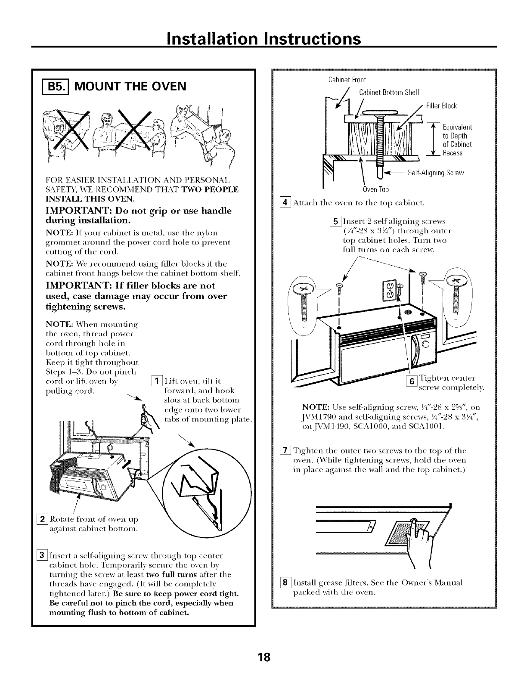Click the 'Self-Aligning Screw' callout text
point(435,173)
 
